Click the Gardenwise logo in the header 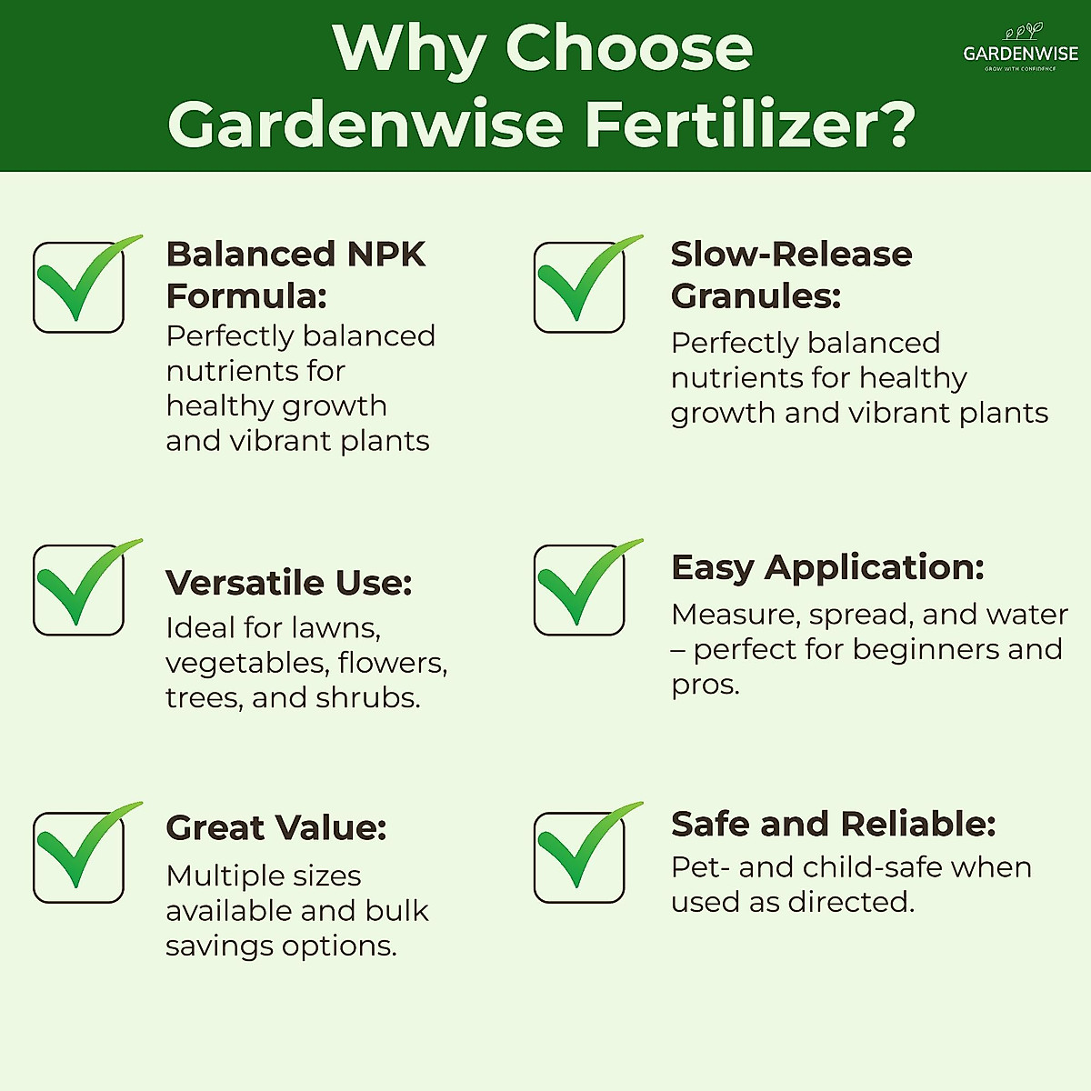1020,49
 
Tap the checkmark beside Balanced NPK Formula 80,285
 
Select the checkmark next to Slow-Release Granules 580,285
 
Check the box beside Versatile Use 80,588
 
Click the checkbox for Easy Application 580,588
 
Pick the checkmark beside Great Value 80,855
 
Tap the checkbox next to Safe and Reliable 580,855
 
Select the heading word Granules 756,296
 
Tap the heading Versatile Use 288,583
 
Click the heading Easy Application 827,567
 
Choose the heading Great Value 275,827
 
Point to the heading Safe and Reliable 833,824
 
